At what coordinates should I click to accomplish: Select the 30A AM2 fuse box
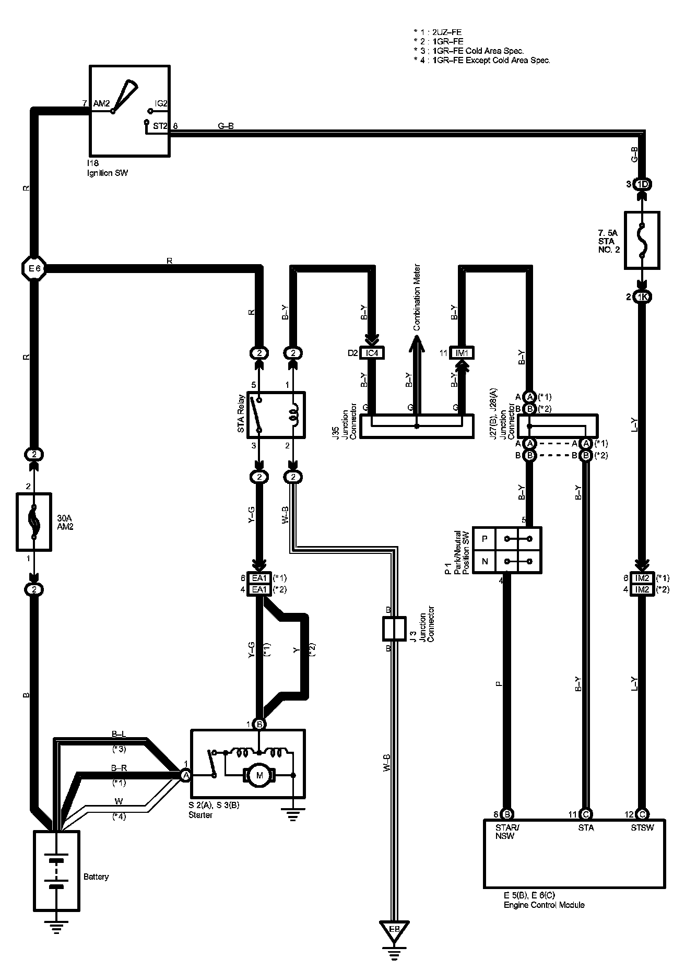point(34,520)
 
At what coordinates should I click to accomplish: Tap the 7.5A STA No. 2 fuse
point(642,240)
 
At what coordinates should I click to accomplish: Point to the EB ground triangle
point(394,930)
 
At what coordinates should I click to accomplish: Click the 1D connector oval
point(642,184)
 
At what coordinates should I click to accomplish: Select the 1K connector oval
point(642,297)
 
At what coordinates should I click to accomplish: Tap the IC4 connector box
point(372,353)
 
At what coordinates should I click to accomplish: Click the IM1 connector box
point(462,353)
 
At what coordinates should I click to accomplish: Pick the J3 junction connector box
point(394,629)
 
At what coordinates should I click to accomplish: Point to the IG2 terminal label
point(161,104)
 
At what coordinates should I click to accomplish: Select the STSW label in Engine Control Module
point(642,827)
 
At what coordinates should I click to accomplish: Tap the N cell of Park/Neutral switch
point(485,562)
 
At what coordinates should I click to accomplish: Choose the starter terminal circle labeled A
point(185,776)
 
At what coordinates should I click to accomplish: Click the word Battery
point(96,877)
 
